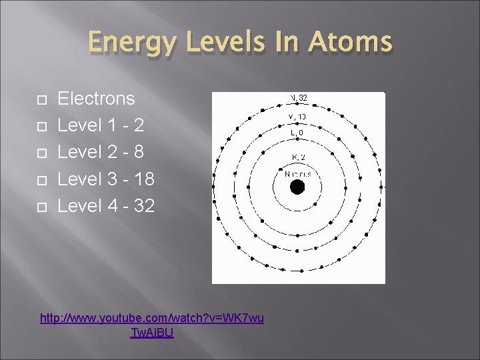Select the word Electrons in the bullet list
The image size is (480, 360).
click(97, 99)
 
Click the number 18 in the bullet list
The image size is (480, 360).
click(145, 179)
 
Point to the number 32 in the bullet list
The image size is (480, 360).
click(145, 206)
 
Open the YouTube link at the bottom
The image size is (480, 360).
click(152, 325)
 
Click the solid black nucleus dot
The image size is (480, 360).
click(297, 187)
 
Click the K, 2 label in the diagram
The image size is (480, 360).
click(298, 157)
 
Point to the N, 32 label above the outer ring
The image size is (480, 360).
click(298, 98)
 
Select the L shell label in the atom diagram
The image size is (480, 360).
click(298, 134)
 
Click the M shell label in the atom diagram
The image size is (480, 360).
click(298, 117)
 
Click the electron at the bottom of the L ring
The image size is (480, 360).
click(297, 235)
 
